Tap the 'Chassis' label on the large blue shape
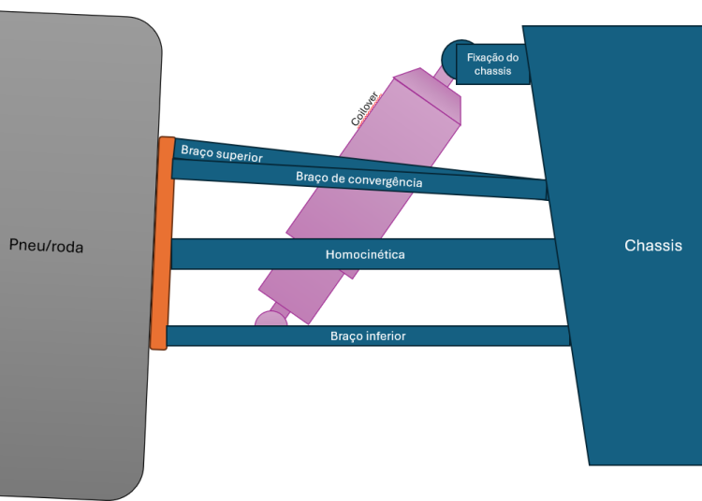pos(652,246)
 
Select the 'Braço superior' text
pos(222,153)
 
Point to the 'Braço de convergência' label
pos(358,179)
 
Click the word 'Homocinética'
pos(365,254)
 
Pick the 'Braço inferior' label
pos(368,336)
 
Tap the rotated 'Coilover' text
pos(363,107)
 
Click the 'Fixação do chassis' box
pos(492,64)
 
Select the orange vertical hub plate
pos(161,243)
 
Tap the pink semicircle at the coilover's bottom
pos(271,320)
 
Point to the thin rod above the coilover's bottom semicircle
pos(280,308)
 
